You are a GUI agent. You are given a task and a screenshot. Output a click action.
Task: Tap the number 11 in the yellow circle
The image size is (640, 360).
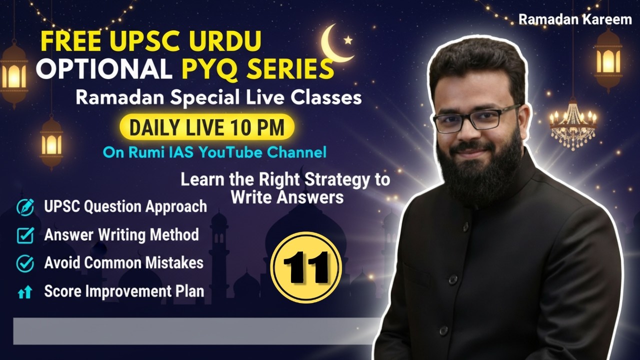(306, 267)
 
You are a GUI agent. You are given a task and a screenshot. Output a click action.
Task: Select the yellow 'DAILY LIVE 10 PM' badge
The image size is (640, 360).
(206, 127)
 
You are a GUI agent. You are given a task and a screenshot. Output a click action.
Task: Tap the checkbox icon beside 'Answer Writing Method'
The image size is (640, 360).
(25, 235)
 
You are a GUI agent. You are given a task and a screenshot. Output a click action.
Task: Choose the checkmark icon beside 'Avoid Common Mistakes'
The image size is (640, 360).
(25, 263)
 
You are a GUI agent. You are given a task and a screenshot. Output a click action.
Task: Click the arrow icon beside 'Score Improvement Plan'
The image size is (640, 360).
(24, 292)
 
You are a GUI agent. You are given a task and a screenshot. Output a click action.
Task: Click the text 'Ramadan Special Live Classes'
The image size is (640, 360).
(218, 97)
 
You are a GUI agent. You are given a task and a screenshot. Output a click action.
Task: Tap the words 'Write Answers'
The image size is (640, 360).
(286, 197)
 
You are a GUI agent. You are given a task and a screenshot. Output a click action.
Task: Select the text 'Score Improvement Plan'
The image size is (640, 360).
(124, 291)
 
